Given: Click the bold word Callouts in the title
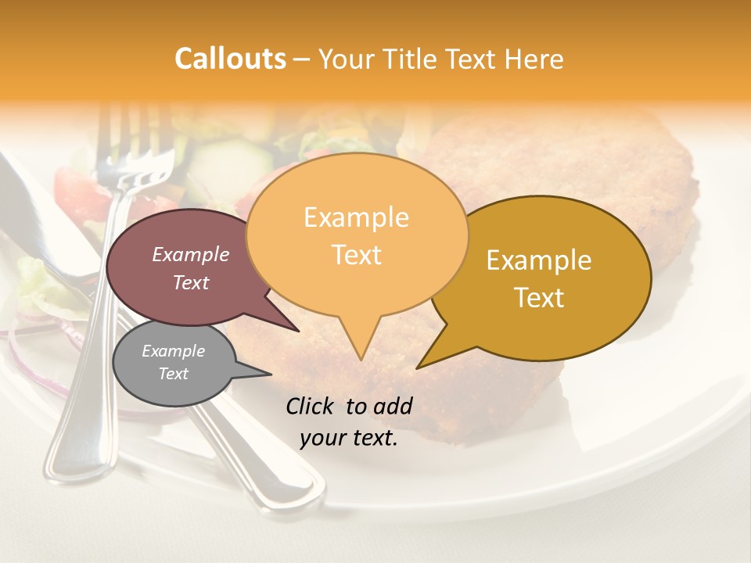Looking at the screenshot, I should [230, 59].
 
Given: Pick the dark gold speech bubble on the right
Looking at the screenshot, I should [548, 278].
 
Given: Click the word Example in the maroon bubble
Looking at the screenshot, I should [191, 254].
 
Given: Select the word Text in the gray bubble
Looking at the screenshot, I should [174, 374].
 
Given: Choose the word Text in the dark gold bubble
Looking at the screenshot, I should [540, 298].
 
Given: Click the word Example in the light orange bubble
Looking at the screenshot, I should [356, 217].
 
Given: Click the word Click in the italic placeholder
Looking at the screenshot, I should [311, 406].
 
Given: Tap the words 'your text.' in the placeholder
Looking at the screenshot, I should [348, 438].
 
